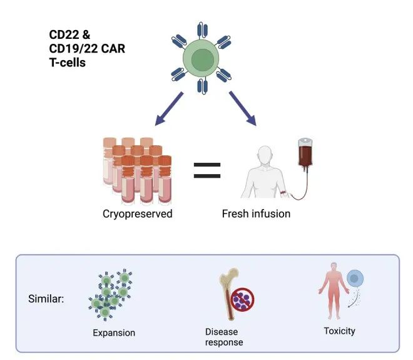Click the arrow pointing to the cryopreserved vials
coord(165,109)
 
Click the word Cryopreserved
coord(137,214)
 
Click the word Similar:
coord(46,299)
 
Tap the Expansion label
coord(114,332)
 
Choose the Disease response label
coord(224,337)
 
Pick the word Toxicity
coord(339,331)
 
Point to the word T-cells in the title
coord(68,63)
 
